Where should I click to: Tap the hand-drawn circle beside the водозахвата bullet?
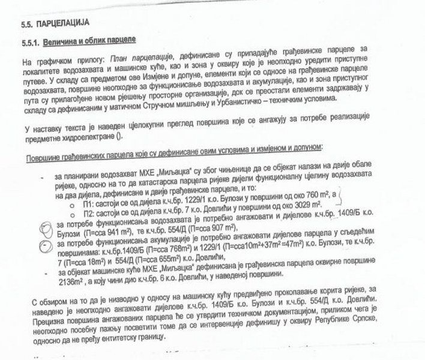[43, 226]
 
